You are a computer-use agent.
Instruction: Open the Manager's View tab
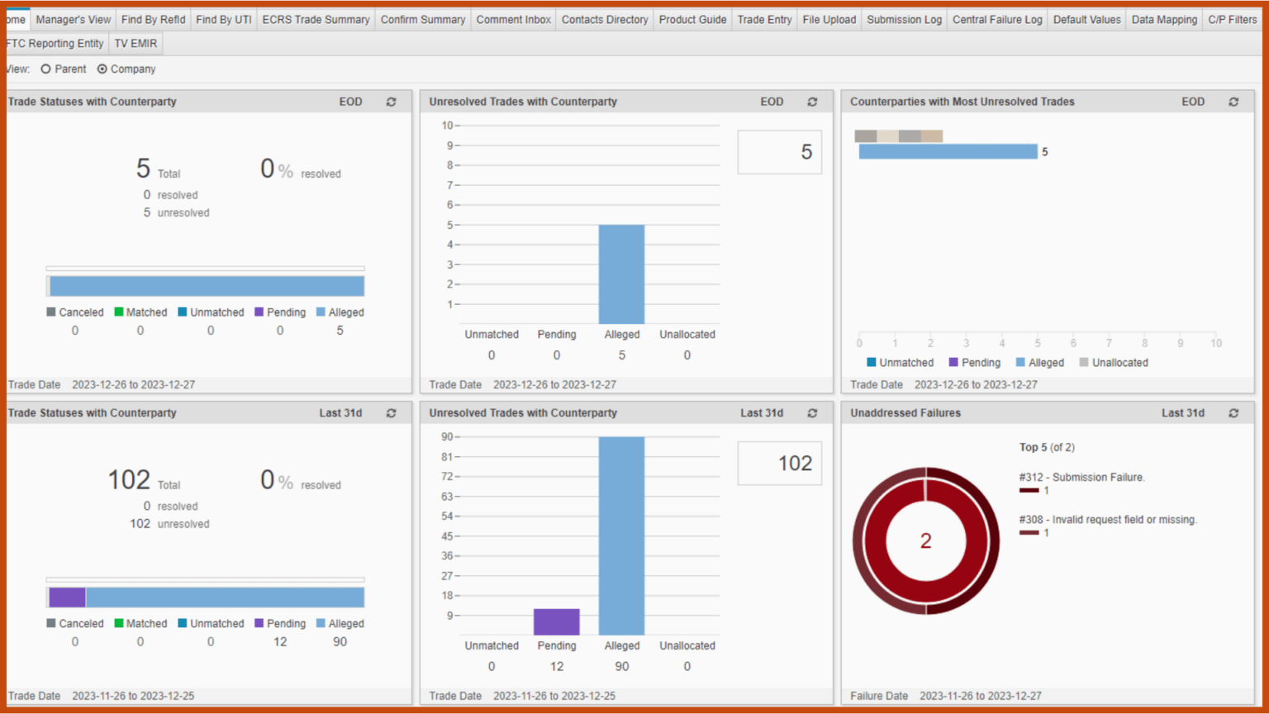(x=73, y=19)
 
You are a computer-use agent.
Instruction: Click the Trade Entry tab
(x=764, y=19)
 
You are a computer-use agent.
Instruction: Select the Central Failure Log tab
(x=997, y=19)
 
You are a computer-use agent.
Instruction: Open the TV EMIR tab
(x=135, y=43)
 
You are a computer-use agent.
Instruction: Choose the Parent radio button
(x=46, y=69)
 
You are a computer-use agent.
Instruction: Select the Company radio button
(x=102, y=69)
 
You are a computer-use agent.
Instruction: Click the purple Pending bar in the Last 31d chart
(x=556, y=621)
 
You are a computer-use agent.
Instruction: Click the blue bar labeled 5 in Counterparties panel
(x=948, y=151)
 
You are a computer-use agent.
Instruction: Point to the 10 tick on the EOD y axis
(x=447, y=126)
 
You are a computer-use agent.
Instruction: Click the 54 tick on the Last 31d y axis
(x=447, y=516)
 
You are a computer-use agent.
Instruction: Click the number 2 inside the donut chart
(x=925, y=540)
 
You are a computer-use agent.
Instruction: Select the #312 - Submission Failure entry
(x=1081, y=478)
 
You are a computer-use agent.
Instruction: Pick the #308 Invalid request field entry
(x=1107, y=520)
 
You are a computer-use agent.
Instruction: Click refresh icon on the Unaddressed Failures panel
(x=1233, y=413)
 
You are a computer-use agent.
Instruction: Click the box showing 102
(x=779, y=464)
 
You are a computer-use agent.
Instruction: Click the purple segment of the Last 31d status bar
(x=67, y=597)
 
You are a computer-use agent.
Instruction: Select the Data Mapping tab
(x=1163, y=19)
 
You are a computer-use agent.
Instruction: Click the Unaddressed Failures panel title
(x=905, y=413)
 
